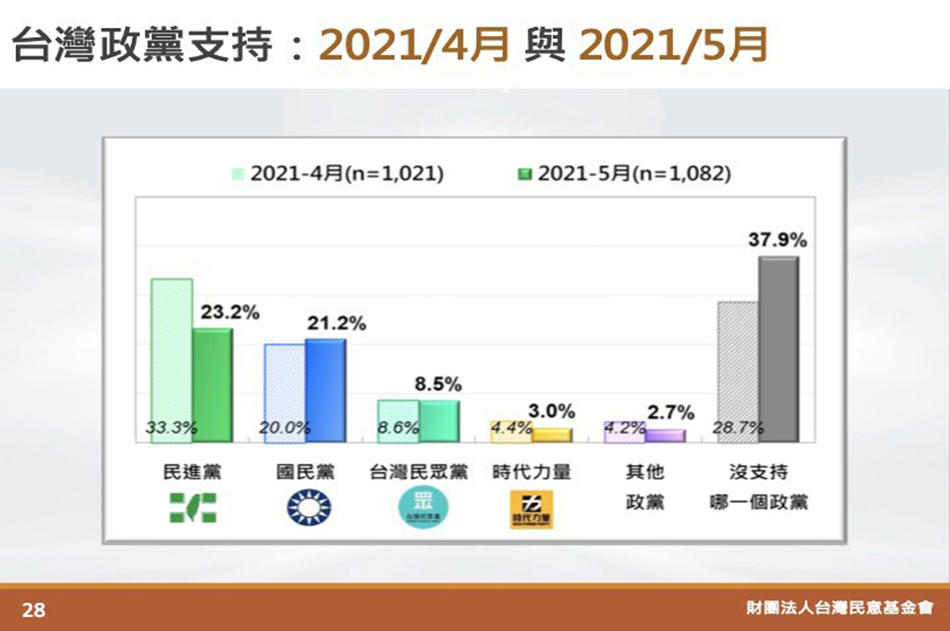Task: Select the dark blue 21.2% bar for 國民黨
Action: (326, 390)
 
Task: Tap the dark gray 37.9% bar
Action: (777, 349)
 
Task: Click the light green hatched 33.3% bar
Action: (172, 357)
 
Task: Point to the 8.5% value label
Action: (438, 384)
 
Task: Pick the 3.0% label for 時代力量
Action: (552, 411)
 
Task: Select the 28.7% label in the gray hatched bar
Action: (738, 428)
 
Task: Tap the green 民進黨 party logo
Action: (191, 509)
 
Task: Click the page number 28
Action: (33, 610)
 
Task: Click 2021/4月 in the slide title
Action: (415, 44)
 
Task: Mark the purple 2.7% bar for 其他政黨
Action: (665, 435)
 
